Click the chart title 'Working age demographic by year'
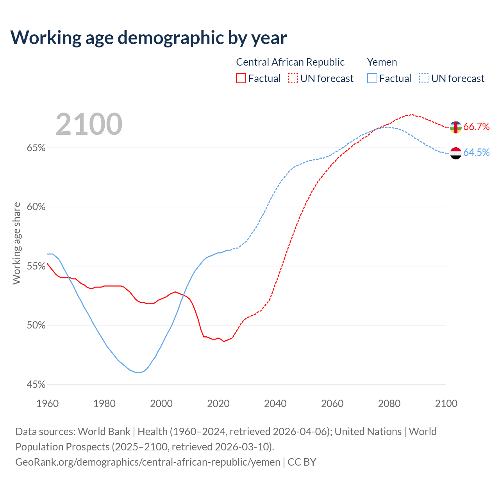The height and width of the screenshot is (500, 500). point(148,38)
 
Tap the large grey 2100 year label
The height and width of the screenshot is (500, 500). point(89,124)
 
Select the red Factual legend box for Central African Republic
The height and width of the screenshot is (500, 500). point(241,79)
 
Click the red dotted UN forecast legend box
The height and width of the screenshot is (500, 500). point(293,79)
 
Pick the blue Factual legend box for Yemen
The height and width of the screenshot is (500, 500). point(372,79)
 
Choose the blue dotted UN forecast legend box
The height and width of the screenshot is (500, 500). point(424,79)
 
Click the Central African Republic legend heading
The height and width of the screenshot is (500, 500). point(290,62)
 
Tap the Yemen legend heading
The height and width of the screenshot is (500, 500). point(382,62)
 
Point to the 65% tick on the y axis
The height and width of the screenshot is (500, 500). point(36,148)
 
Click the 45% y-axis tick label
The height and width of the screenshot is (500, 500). point(36,385)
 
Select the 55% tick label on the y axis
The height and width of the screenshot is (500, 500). point(36,266)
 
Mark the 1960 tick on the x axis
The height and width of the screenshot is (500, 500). point(48,404)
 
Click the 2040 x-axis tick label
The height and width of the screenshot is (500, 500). point(275,404)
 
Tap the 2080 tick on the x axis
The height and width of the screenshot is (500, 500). point(389,404)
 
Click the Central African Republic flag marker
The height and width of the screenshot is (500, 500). point(456,127)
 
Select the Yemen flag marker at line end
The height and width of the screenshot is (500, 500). point(456,153)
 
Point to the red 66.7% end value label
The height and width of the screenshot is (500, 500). point(477,127)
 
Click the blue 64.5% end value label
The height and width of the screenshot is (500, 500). point(477,152)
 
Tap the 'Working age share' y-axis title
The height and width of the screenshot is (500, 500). point(16,243)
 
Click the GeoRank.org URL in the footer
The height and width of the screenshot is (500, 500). point(148,462)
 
